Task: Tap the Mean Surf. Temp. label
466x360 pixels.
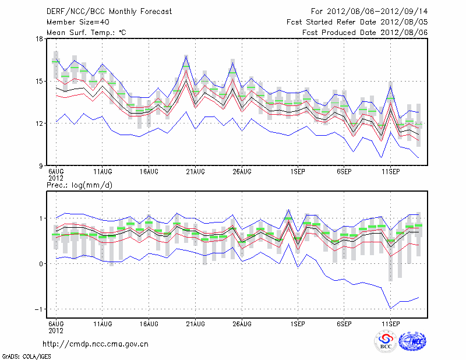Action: click(x=86, y=32)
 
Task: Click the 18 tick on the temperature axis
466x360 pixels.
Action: click(x=39, y=39)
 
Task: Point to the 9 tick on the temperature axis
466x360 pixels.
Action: click(x=41, y=166)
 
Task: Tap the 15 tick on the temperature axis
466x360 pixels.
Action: click(x=39, y=82)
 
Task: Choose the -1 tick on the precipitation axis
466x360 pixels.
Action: click(x=38, y=309)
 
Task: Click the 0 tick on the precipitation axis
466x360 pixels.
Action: click(x=41, y=264)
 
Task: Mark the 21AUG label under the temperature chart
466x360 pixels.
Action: click(x=195, y=172)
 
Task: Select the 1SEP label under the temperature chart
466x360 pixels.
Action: click(x=298, y=172)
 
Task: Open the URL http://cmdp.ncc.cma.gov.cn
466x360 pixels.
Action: click(x=96, y=344)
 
